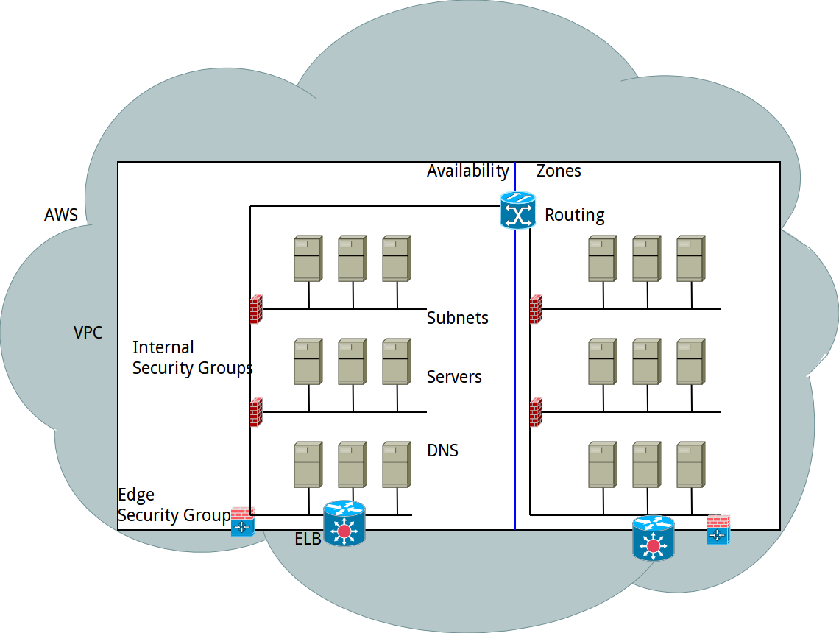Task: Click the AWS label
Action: click(61, 215)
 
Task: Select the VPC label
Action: click(88, 333)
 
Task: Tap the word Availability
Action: click(468, 171)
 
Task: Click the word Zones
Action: click(559, 171)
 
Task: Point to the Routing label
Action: click(574, 215)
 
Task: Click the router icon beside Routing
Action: click(517, 211)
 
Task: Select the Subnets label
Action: click(458, 318)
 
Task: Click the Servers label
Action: click(454, 377)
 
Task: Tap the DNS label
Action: click(442, 450)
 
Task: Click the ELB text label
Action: click(308, 539)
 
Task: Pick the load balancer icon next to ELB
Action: click(344, 523)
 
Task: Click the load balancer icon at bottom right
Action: click(653, 539)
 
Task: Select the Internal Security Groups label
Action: click(192, 358)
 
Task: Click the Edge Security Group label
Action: click(174, 505)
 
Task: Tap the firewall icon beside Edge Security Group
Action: click(242, 521)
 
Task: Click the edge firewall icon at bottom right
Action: click(718, 530)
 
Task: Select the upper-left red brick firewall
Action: click(256, 309)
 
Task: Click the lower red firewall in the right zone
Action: click(536, 412)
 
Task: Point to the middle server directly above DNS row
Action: click(352, 361)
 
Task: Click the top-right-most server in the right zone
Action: click(690, 258)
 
